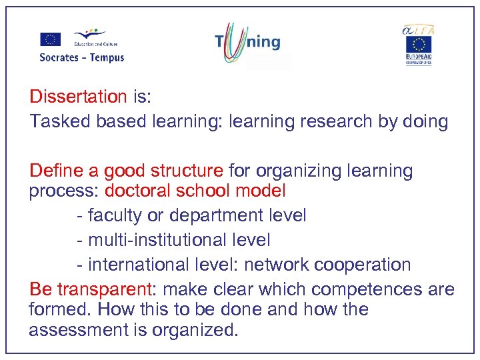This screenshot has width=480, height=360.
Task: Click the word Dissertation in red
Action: [x=78, y=97]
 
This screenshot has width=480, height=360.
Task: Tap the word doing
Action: [x=423, y=121]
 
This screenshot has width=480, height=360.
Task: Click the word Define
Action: [x=55, y=171]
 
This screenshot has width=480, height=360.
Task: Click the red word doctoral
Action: [x=137, y=191]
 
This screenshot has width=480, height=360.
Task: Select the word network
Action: [x=277, y=265]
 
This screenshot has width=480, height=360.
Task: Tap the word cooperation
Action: [x=363, y=265]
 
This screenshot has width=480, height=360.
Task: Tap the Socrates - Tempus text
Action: [x=82, y=57]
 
